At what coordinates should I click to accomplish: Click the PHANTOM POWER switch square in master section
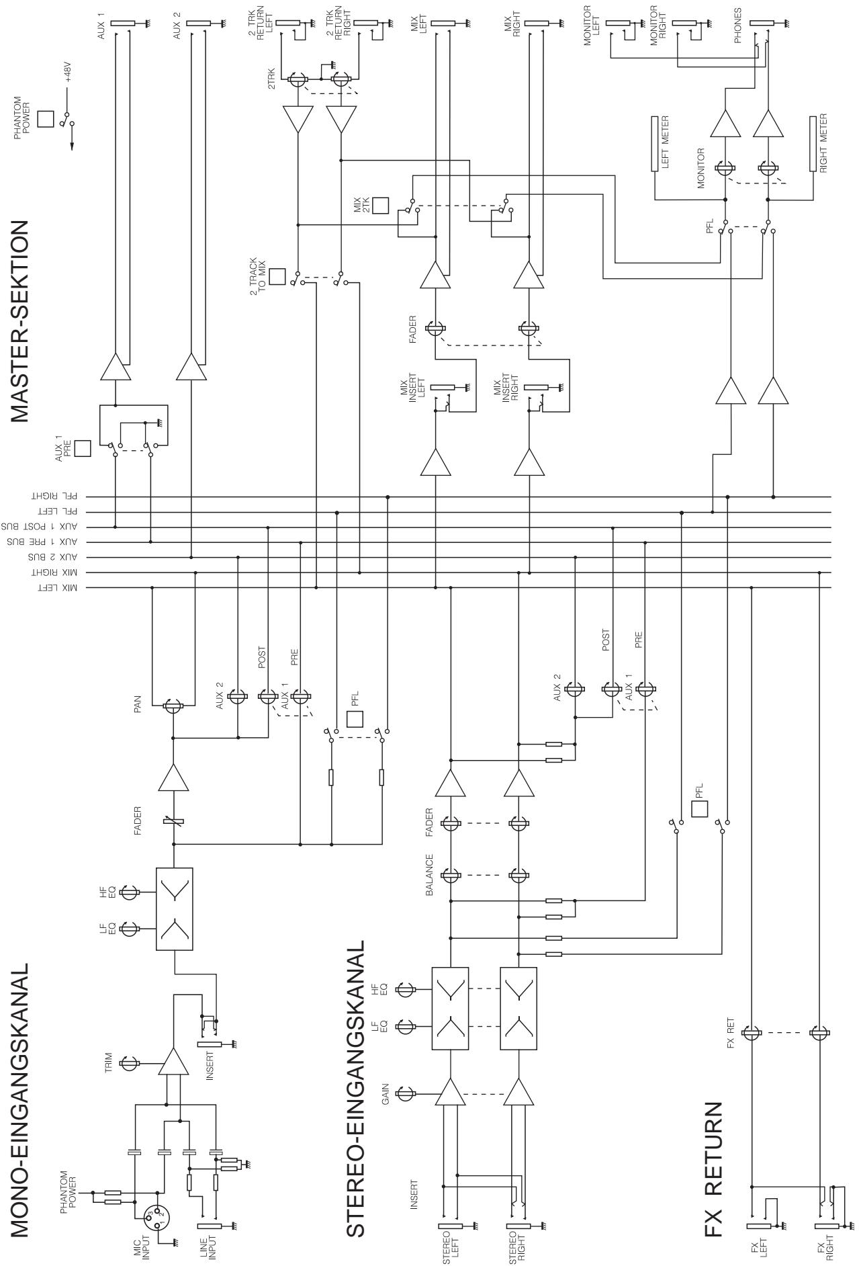coord(46,119)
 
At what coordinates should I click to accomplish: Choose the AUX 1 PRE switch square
coord(83,448)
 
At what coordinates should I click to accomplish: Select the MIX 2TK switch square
coord(381,205)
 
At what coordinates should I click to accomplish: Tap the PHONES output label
coord(738,26)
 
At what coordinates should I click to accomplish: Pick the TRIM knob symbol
coord(129,1063)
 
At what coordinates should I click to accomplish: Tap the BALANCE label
coord(430,876)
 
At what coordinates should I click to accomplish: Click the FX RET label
coord(731,1033)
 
